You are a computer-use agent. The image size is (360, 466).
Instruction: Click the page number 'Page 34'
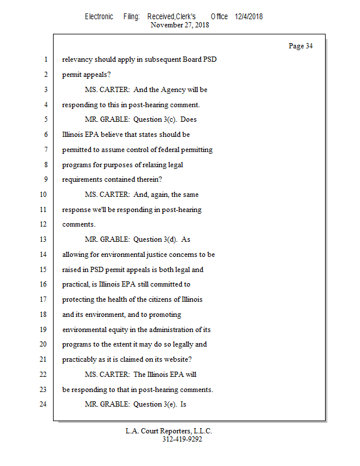coord(301,46)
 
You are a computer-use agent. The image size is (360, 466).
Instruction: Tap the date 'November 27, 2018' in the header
coord(179,25)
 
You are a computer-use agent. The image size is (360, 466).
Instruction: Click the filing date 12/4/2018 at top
coord(249,16)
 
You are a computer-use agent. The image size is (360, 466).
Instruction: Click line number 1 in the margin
coord(45,59)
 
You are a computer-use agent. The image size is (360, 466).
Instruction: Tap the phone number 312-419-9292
coord(182,439)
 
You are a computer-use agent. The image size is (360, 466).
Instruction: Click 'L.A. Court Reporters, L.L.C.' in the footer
coord(169,431)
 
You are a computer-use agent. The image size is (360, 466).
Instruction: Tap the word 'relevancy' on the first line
coord(77,59)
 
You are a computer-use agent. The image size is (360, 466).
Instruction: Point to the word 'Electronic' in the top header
coord(99,16)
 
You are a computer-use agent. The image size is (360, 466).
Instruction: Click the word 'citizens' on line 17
coord(156,299)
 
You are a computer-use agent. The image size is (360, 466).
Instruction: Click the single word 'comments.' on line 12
coord(79,224)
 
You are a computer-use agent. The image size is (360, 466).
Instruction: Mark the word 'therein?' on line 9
coord(149,179)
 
